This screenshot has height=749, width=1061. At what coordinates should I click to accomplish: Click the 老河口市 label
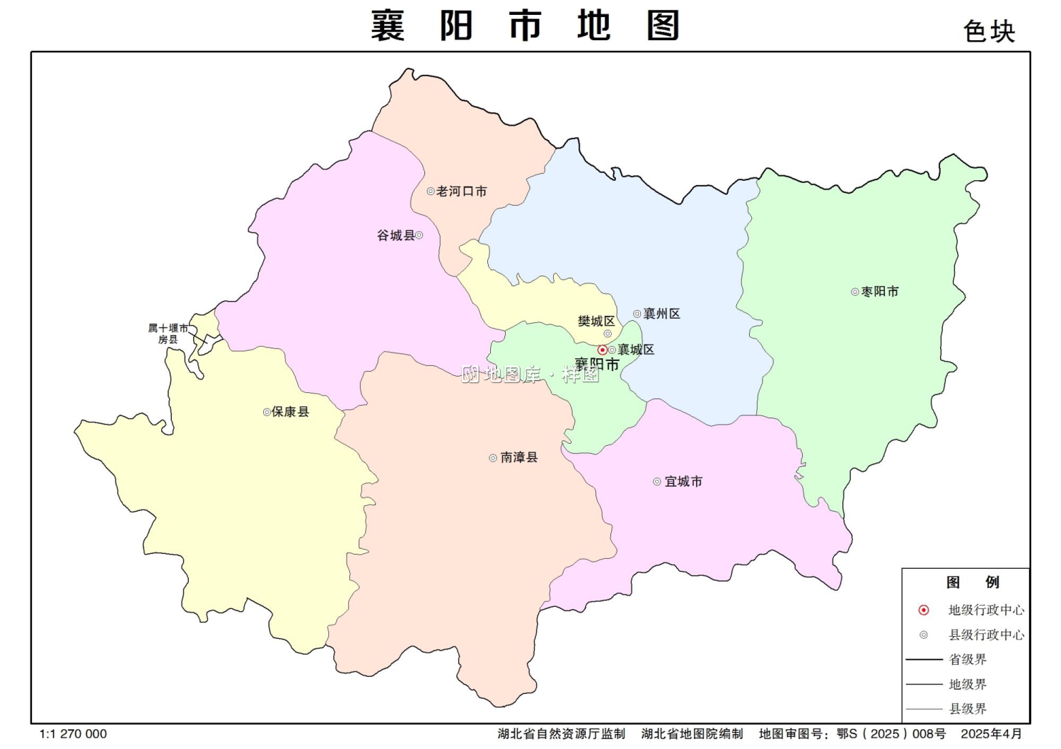tap(461, 191)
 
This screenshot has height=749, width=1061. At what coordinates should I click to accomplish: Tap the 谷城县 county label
tap(395, 235)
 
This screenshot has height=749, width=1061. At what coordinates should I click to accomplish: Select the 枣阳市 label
tap(880, 292)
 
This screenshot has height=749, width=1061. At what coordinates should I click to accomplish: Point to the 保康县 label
tap(291, 412)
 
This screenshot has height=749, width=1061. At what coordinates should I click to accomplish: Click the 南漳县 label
tap(519, 458)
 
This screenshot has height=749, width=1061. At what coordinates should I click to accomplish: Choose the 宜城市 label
tap(683, 482)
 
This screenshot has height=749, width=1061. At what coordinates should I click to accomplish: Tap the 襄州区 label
tap(661, 314)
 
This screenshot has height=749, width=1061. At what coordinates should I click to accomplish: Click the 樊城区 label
tap(596, 322)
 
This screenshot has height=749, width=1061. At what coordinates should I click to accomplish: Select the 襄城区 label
tap(636, 350)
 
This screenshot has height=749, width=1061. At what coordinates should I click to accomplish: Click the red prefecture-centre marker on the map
tap(602, 350)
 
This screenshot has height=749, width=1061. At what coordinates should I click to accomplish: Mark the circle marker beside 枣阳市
tap(855, 292)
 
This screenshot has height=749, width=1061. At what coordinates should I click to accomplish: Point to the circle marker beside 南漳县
tap(493, 458)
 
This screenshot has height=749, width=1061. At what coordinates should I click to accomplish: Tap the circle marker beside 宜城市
tap(657, 482)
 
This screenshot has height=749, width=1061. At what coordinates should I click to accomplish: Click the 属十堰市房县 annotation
tap(168, 334)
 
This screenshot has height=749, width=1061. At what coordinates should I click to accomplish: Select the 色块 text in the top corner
tap(989, 32)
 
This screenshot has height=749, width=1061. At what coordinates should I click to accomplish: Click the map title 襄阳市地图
tap(526, 26)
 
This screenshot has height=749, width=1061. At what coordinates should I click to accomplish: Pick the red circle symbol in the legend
tap(924, 610)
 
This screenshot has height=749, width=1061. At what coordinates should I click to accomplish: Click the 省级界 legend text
tap(968, 659)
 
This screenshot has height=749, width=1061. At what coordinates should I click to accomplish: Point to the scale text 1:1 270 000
tap(74, 734)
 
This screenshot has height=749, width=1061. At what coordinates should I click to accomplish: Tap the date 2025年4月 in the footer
tap(991, 734)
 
